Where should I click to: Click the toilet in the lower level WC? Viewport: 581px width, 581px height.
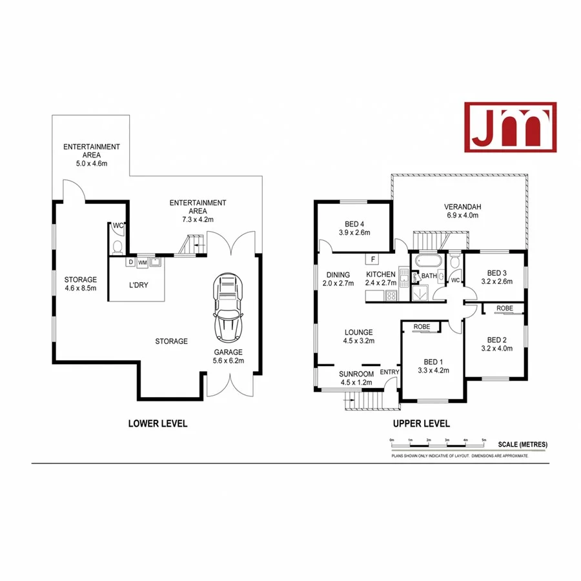click(x=117, y=247)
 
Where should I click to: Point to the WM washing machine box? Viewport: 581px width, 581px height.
click(x=142, y=262)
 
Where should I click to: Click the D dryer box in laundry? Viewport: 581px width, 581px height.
click(x=131, y=262)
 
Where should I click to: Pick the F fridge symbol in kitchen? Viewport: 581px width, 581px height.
click(x=372, y=260)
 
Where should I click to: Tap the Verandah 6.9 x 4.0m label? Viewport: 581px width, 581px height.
click(x=462, y=211)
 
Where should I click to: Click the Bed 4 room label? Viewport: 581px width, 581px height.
click(x=352, y=228)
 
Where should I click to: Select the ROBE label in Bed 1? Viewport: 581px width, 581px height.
click(x=422, y=327)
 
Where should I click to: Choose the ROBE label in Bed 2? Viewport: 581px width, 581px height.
click(x=505, y=309)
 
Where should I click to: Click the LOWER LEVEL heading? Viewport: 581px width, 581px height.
click(x=158, y=423)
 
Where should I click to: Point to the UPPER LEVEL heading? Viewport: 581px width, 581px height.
click(x=421, y=423)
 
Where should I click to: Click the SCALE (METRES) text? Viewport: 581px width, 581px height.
click(x=522, y=444)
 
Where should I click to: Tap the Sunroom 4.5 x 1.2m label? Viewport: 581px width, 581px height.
click(x=357, y=378)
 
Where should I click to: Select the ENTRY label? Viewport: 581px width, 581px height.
click(x=390, y=372)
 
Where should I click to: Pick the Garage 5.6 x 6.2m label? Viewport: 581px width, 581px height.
click(x=229, y=356)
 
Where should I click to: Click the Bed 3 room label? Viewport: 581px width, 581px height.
click(x=496, y=276)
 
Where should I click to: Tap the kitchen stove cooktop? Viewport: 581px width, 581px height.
click(x=391, y=296)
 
